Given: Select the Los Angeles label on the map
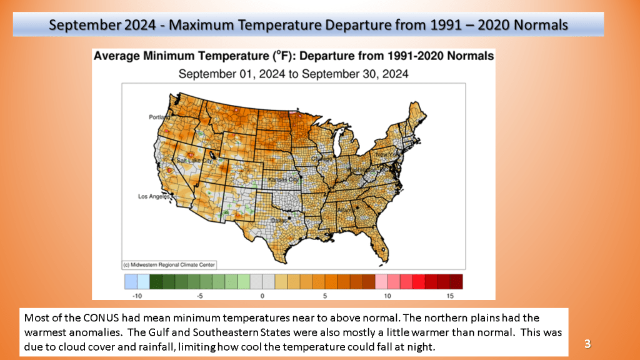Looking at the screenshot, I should point(153,197).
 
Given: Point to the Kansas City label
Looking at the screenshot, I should point(282,180).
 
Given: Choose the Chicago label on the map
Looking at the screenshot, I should point(326,158).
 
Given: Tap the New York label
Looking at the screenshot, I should point(387,154).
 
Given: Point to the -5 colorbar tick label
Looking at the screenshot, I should point(199,295).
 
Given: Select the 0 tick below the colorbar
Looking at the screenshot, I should point(262,295).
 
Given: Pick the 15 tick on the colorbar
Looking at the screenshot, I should point(450,295).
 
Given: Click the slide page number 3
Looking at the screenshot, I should point(587,343).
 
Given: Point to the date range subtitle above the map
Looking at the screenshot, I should point(294,74).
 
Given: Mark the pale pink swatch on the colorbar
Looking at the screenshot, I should point(381,281).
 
